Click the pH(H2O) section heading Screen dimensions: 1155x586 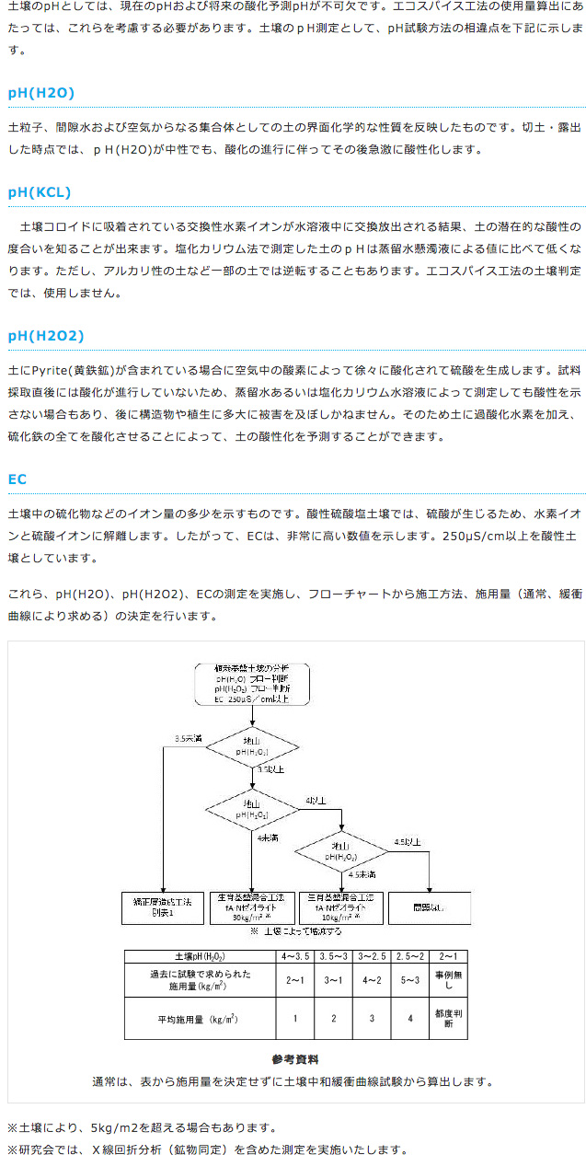(x=40, y=92)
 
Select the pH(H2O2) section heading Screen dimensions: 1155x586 (x=45, y=336)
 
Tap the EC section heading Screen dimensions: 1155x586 (x=17, y=479)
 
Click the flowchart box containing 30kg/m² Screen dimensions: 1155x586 (x=251, y=907)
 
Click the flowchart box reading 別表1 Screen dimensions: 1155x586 (x=162, y=907)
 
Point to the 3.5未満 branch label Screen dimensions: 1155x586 (x=189, y=738)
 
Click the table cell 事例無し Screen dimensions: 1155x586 (x=448, y=980)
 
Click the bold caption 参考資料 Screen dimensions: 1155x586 (x=294, y=1059)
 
